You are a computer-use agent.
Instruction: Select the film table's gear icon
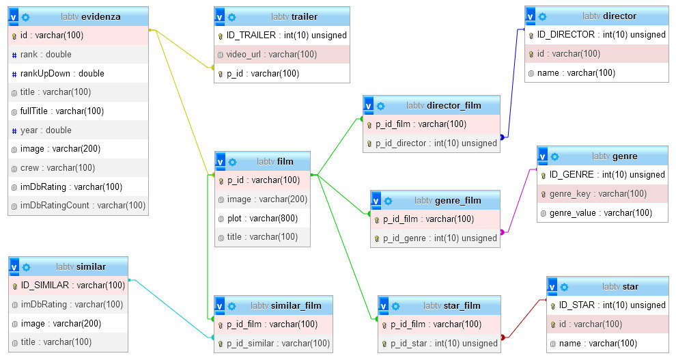point(232,162)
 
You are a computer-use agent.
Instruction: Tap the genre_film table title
point(457,200)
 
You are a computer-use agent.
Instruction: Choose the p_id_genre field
point(439,238)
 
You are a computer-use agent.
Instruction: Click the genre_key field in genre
point(597,193)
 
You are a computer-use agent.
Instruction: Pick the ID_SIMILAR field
point(72,285)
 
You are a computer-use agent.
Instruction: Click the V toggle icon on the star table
point(552,286)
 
